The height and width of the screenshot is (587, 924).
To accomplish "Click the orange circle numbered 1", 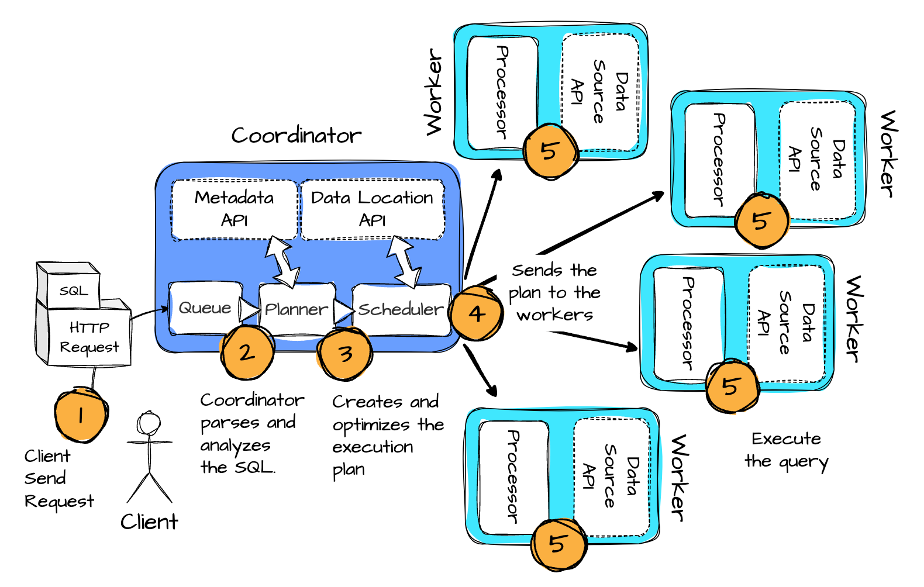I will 81,415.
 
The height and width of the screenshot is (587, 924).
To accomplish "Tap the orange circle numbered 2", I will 247,353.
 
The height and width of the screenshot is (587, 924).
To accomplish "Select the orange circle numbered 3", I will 344,354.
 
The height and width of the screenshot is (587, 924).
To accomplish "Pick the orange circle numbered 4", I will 477,313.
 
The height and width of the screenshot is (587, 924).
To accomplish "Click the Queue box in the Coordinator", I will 205,308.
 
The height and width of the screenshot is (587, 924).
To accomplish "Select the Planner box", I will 296,309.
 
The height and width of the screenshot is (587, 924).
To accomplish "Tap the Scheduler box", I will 401,309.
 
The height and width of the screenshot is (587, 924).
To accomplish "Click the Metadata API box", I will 234,209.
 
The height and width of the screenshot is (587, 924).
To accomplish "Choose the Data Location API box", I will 372,209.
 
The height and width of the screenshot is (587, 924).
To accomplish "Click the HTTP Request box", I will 89,337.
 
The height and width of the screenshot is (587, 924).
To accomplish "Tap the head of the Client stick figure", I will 149,422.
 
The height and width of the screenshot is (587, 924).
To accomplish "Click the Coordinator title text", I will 296,136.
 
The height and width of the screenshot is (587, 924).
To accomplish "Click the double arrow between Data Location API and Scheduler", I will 404,261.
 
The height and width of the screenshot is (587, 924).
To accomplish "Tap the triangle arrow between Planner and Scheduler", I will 343,310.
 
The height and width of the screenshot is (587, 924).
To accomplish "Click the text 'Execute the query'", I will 787,450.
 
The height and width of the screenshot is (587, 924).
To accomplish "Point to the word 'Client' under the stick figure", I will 149,522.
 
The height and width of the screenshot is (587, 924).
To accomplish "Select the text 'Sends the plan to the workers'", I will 554,292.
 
